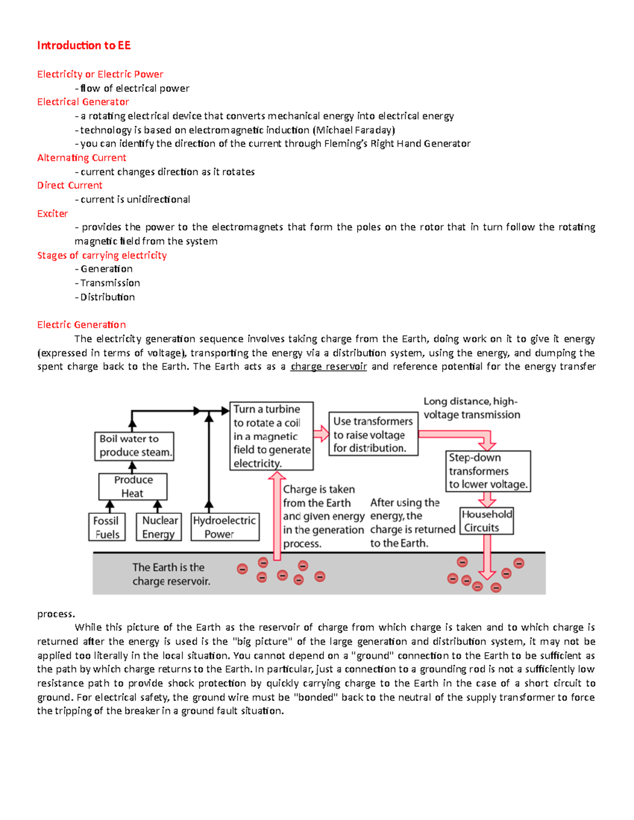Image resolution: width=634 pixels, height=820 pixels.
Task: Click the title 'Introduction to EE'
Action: pos(83,45)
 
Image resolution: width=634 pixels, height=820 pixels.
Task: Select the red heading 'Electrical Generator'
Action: pos(83,102)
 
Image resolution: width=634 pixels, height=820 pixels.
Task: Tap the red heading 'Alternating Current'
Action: pos(81,158)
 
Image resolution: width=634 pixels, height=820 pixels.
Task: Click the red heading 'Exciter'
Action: pos(52,213)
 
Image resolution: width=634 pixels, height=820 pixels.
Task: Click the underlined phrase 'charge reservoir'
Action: pos(328,366)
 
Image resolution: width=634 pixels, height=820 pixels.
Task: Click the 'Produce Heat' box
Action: pos(133,486)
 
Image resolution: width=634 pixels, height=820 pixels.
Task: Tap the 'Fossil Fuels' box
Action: pos(107,527)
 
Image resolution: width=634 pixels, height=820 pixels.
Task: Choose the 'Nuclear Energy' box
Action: pos(159,527)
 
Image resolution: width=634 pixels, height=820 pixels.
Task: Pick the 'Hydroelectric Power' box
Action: pos(225,527)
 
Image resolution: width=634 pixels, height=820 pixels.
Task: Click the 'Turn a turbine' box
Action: pos(272,436)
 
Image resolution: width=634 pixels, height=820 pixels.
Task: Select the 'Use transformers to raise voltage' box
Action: pos(373,434)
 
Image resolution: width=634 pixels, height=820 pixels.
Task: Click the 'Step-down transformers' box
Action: pos(488,471)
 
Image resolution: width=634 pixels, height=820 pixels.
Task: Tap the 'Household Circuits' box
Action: pos(486,521)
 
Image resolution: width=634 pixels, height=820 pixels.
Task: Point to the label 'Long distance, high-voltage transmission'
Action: pos(471,408)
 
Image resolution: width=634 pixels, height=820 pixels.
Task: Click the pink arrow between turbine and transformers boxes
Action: pos(321,434)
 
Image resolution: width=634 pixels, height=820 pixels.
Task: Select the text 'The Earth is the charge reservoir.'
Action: pos(171,574)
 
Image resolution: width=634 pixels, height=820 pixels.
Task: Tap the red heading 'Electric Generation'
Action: pos(81,325)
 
